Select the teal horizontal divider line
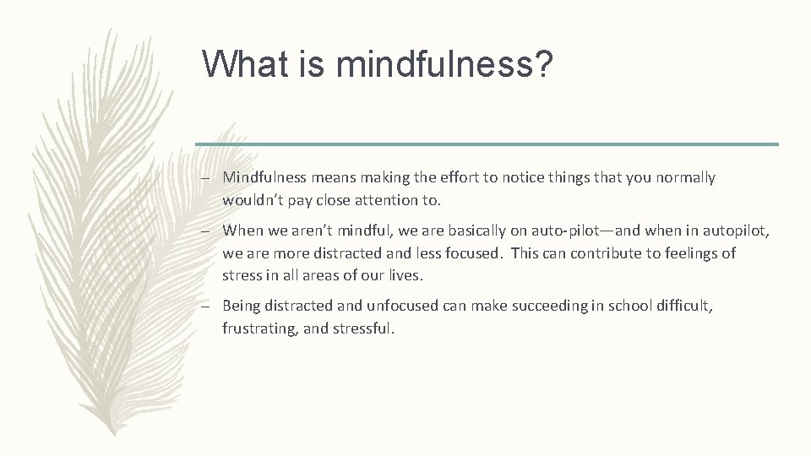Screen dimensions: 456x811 click(487, 144)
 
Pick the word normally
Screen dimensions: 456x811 click(684, 177)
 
